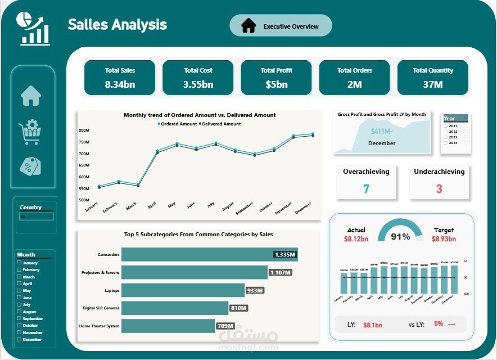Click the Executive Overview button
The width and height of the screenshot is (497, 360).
point(281,26)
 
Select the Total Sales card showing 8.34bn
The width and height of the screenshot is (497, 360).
point(120,78)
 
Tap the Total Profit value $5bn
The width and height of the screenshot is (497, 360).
point(276,84)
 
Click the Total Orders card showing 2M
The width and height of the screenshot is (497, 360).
point(354,78)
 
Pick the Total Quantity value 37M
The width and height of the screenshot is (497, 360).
point(432,84)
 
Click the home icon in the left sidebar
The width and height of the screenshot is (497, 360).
point(31,96)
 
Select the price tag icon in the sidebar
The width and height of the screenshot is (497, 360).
point(31,166)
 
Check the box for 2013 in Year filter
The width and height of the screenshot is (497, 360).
point(446,137)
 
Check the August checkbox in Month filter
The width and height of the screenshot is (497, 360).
point(19,312)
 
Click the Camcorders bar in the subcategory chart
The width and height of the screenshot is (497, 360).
point(209,254)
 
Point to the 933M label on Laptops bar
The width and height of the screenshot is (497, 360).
point(255,290)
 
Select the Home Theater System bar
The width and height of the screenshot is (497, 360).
point(168,326)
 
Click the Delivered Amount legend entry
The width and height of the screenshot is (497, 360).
point(221,124)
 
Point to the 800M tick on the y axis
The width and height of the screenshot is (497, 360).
point(84,130)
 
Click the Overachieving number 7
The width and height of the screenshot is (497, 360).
point(366,189)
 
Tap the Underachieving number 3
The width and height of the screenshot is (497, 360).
point(439,189)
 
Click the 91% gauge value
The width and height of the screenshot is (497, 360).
point(400,237)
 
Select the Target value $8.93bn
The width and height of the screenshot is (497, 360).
point(444,239)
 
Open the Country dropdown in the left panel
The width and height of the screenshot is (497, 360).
point(36,217)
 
